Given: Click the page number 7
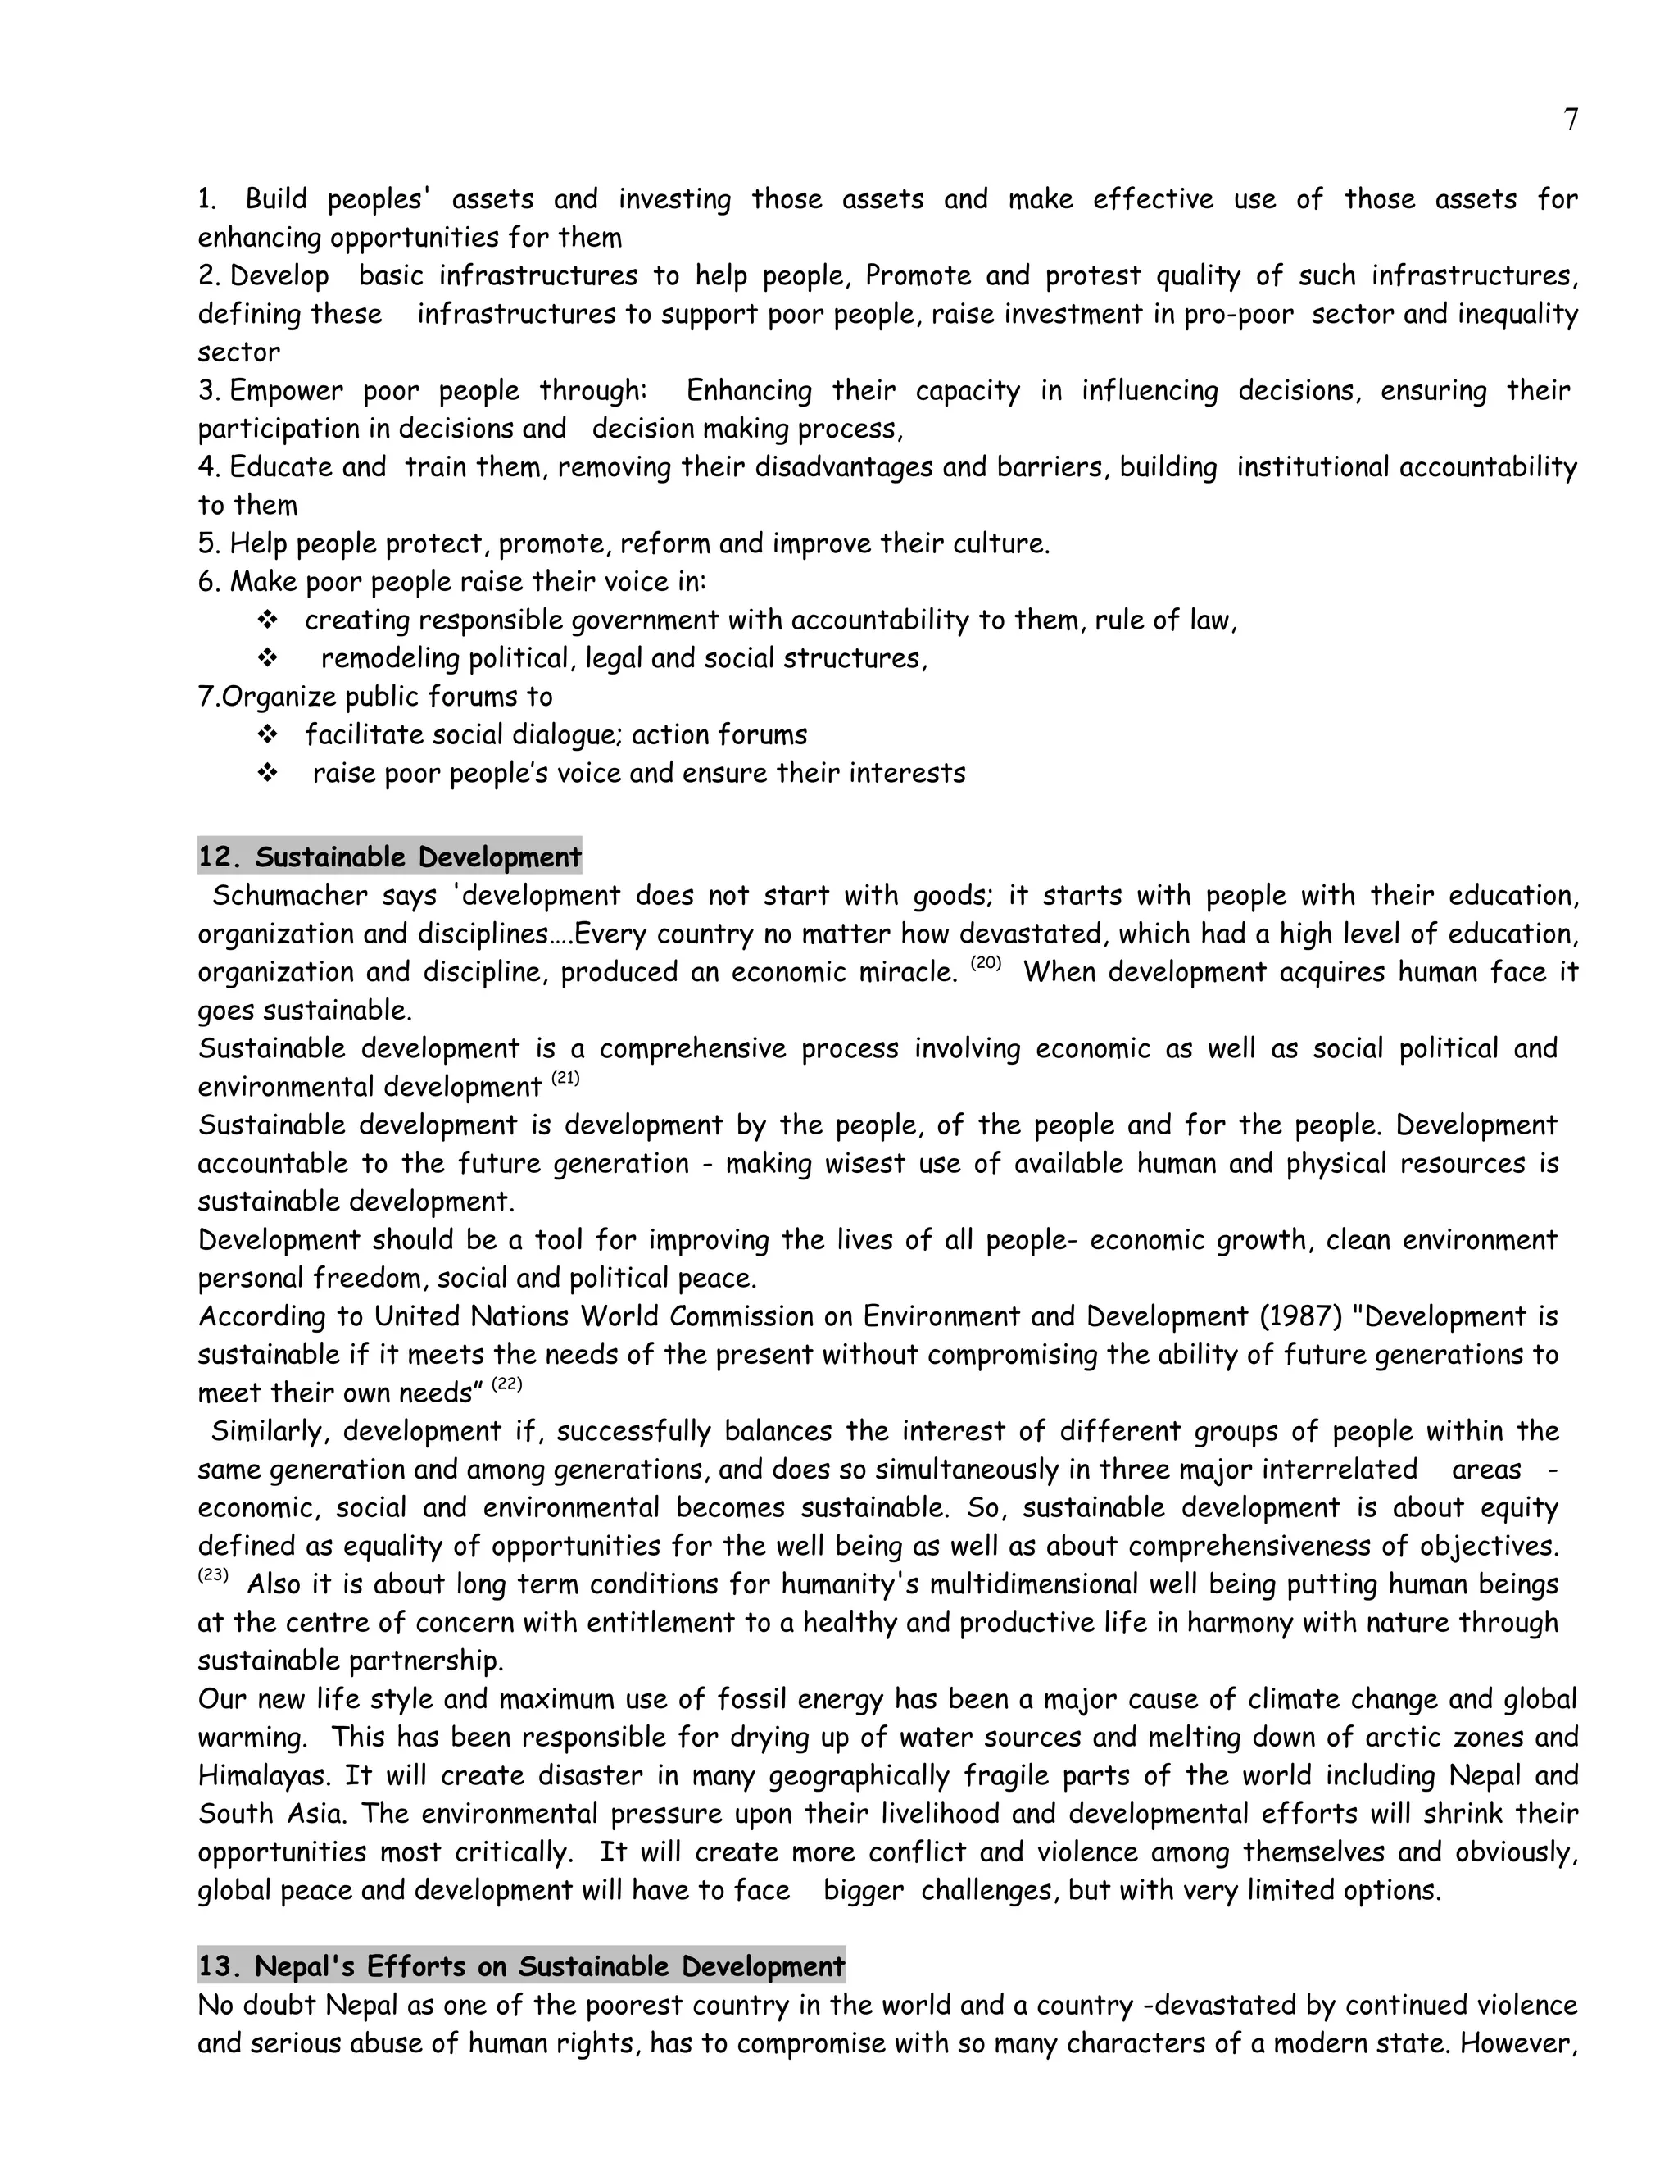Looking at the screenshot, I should click(1570, 120).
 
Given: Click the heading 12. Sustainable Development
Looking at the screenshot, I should click(390, 857).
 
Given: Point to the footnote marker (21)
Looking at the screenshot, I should click(565, 1078).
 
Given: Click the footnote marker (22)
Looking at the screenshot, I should click(506, 1384).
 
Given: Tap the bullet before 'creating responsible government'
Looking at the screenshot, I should click(266, 620).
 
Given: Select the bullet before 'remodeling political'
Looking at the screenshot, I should click(266, 658).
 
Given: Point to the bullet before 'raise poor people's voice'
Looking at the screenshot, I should click(266, 773).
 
